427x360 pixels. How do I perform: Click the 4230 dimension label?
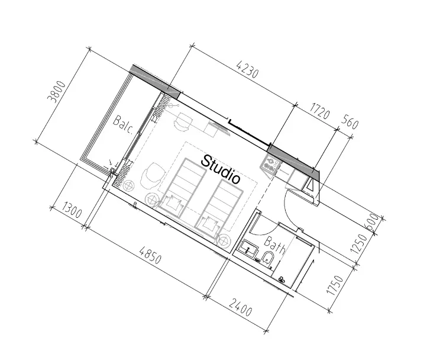point(247,70)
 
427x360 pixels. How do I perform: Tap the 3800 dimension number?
point(57,92)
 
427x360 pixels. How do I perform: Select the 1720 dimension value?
point(320,111)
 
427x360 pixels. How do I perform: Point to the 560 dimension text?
point(350,121)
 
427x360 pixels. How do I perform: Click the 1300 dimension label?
point(72,210)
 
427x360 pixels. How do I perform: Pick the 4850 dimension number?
point(150,255)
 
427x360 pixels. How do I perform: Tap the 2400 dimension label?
point(241,307)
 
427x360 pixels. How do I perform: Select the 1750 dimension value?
point(335,285)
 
